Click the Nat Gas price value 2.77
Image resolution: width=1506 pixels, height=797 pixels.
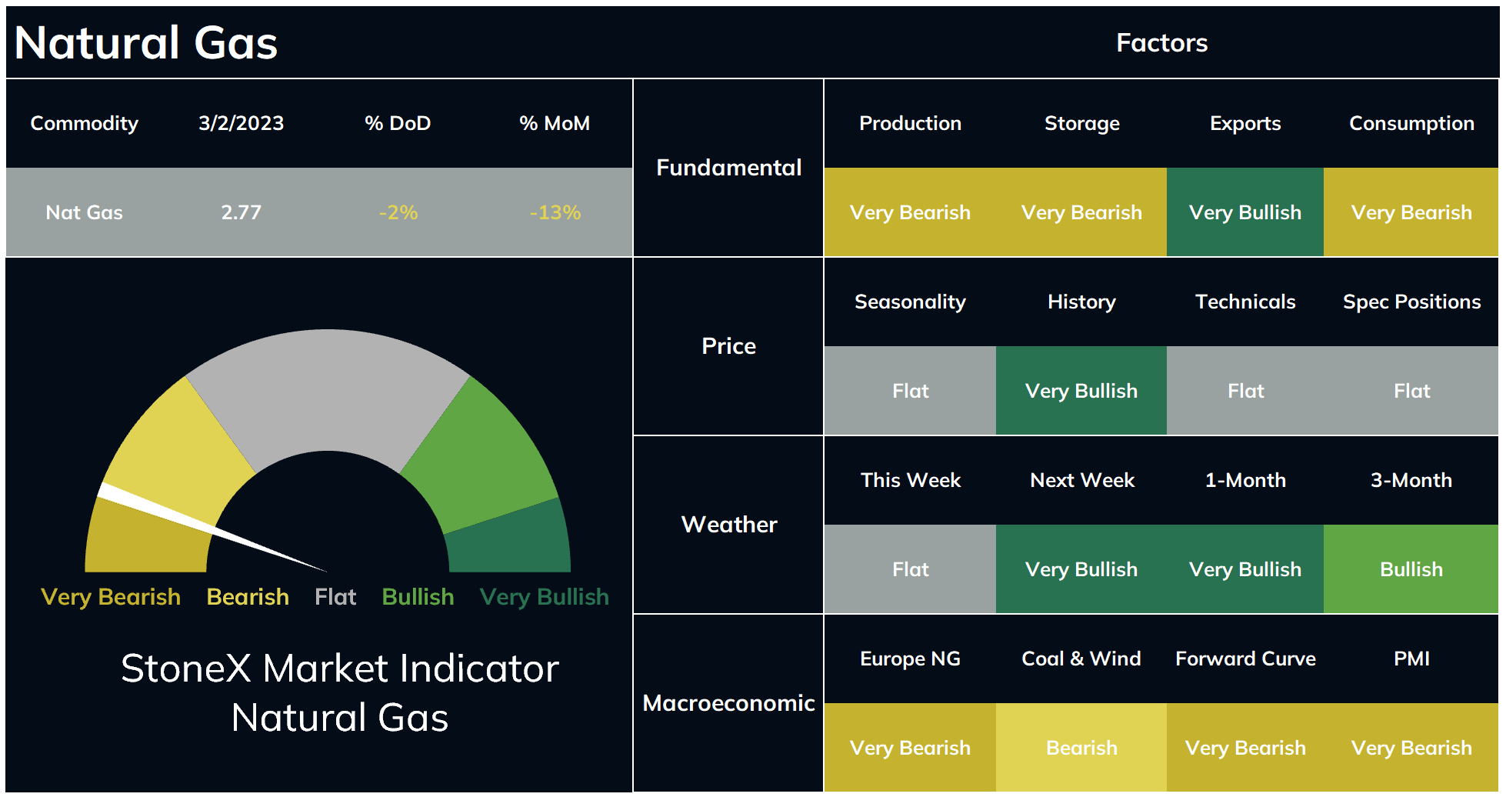pyautogui.click(x=241, y=212)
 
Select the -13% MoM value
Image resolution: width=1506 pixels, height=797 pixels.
pyautogui.click(x=555, y=212)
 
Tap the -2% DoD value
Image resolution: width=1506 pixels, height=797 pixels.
pyautogui.click(x=398, y=212)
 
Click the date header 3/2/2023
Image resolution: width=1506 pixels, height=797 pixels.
pyautogui.click(x=241, y=123)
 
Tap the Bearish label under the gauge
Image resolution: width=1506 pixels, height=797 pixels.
pyautogui.click(x=248, y=597)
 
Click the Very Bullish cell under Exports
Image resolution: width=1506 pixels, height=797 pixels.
pyautogui.click(x=1245, y=212)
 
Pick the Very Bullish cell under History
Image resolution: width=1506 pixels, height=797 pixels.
pyautogui.click(x=1081, y=391)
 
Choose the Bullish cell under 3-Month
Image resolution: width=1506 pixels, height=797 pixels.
pyautogui.click(x=1411, y=569)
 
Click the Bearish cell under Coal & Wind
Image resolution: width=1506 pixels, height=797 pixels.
pyautogui.click(x=1081, y=748)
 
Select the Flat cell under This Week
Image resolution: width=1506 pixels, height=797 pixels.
pyautogui.click(x=910, y=569)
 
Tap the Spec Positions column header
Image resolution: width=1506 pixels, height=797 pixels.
pyautogui.click(x=1411, y=302)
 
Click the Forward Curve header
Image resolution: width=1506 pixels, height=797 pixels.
pyautogui.click(x=1245, y=659)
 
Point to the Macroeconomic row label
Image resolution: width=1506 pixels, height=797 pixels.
pyautogui.click(x=728, y=703)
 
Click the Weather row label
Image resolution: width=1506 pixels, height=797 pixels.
pyautogui.click(x=729, y=525)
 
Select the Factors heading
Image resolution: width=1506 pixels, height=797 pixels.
pyautogui.click(x=1161, y=43)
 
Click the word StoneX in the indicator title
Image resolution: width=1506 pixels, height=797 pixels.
pyautogui.click(x=186, y=668)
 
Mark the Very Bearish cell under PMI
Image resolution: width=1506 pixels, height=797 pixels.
pyautogui.click(x=1411, y=748)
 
